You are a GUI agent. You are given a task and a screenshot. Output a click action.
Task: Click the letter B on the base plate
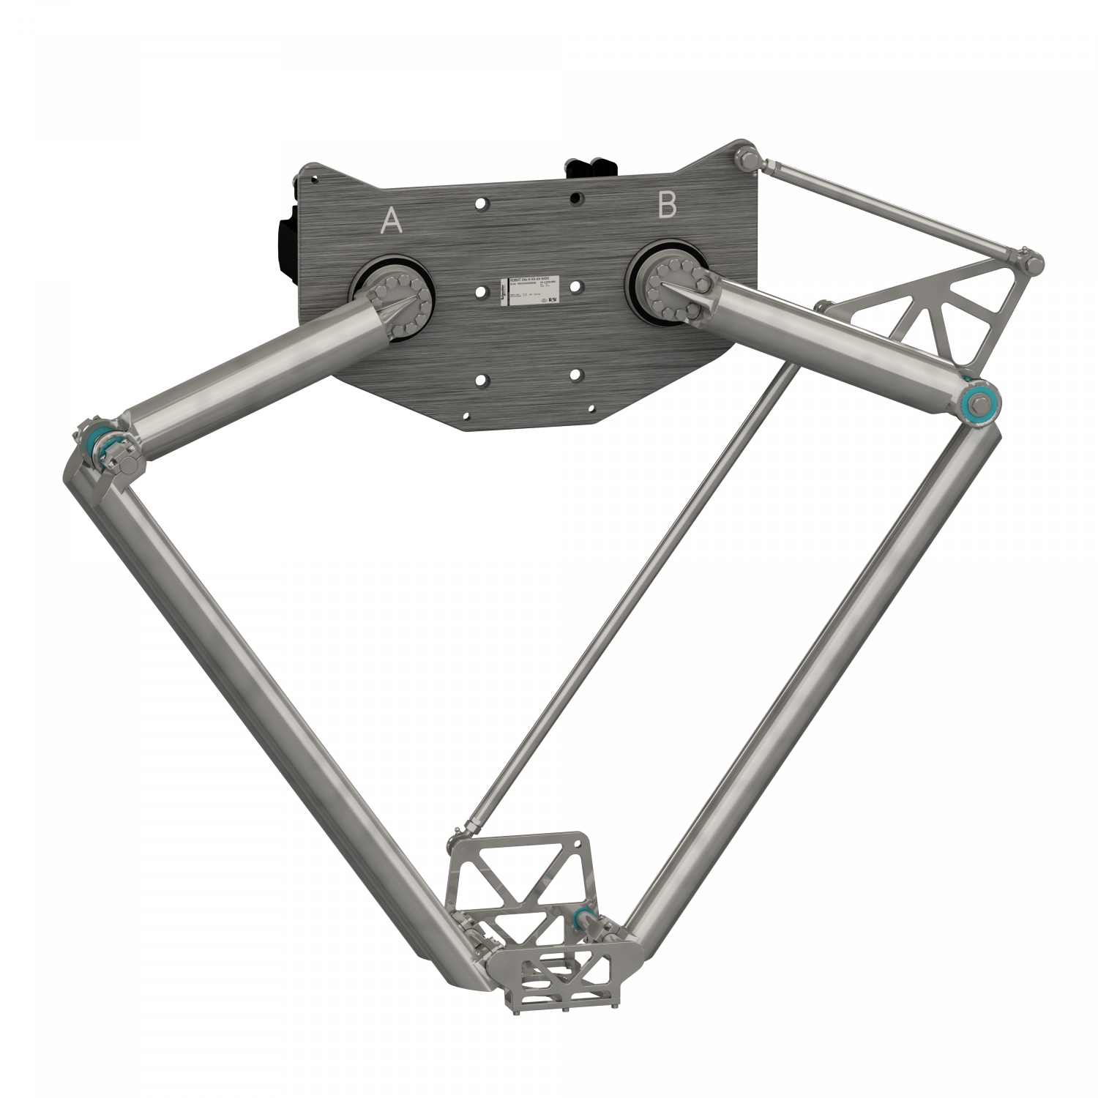coord(667,206)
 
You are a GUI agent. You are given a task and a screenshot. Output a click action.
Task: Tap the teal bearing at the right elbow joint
coord(978,402)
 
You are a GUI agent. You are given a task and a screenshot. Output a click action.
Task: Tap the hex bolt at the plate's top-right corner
coord(747,158)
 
